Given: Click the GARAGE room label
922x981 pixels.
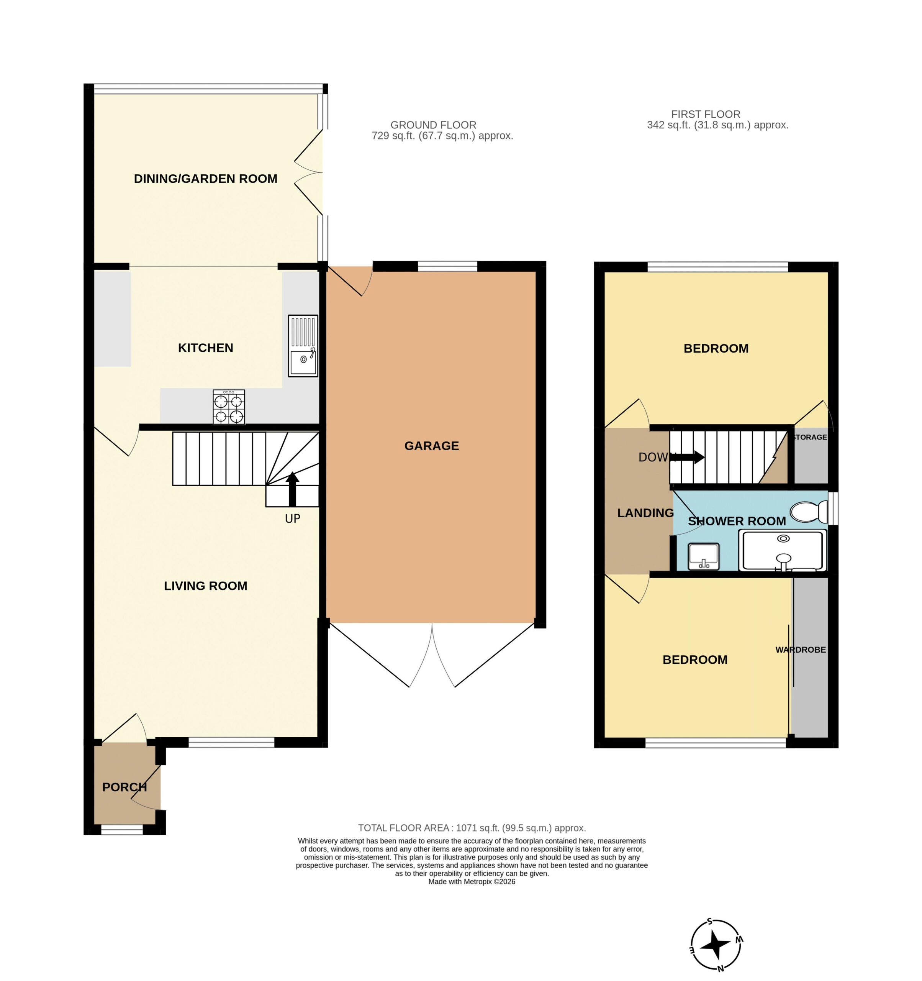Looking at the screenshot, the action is (432, 446).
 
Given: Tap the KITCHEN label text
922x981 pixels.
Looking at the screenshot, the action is (205, 348).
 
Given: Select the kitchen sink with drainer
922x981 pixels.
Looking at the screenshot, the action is (303, 346).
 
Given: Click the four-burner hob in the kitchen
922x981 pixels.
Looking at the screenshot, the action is (229, 407).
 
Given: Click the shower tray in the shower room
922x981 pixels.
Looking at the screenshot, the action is (783, 551).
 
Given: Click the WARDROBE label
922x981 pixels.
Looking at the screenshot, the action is (801, 650).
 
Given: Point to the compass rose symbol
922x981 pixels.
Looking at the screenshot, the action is (716, 945).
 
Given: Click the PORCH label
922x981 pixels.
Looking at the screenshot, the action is (124, 787).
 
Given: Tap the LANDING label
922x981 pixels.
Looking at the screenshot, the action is (645, 513).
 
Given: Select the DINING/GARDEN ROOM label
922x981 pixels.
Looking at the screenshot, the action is (205, 179).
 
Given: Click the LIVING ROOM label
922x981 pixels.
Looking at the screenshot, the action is (205, 586).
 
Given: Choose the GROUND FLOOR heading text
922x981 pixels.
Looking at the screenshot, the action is (433, 125).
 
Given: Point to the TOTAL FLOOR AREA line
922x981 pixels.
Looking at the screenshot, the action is (472, 828).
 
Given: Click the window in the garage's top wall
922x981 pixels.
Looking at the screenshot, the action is (447, 267).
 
